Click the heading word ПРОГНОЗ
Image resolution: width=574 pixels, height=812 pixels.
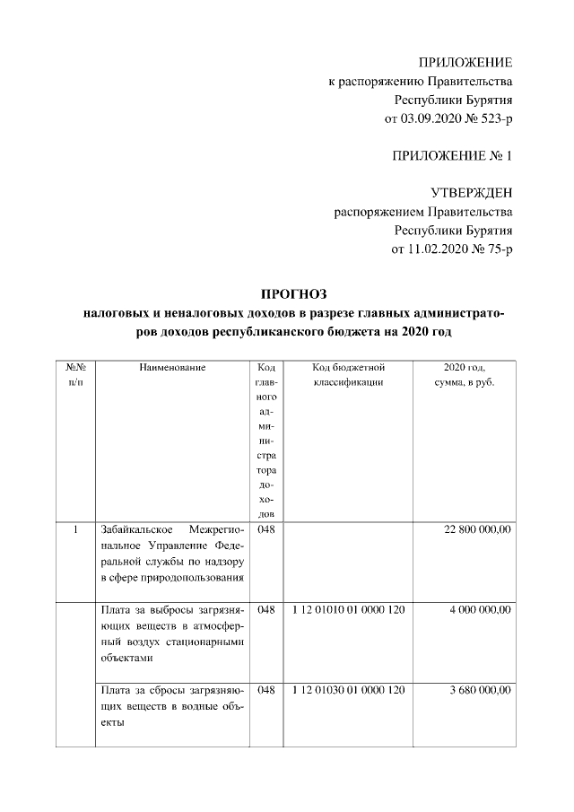[295, 293]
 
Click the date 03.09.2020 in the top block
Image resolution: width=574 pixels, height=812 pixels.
[418, 118]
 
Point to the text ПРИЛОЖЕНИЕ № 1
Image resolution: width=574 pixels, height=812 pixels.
[452, 156]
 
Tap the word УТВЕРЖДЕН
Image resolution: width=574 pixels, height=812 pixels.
[472, 194]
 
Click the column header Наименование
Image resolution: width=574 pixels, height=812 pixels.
[172, 368]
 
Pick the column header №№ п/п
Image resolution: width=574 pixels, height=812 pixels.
[75, 375]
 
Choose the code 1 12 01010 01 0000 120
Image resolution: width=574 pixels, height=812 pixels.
[349, 610]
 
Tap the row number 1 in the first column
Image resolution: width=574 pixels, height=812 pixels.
[76, 530]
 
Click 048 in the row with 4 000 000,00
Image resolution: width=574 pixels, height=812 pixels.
[265, 610]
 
